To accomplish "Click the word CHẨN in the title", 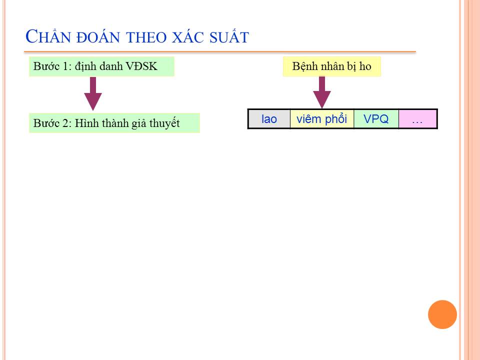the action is tap(48, 36).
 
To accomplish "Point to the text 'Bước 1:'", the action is tap(52, 66).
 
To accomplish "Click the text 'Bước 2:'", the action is tap(52, 123).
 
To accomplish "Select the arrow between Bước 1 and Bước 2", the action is tap(93, 93).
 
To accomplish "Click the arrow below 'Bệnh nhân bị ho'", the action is tap(321, 92).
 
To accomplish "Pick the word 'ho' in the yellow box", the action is tap(365, 66).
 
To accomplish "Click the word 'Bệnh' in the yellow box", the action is tap(304, 66).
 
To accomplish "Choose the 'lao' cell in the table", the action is tap(269, 119).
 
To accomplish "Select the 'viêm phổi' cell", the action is tap(321, 119).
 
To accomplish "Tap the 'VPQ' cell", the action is tap(376, 119).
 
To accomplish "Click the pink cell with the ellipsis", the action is tap(417, 119).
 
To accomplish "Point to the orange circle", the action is tap(442, 314).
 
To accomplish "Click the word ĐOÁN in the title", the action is tap(98, 36).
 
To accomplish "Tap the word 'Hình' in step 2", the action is tap(87, 123).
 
